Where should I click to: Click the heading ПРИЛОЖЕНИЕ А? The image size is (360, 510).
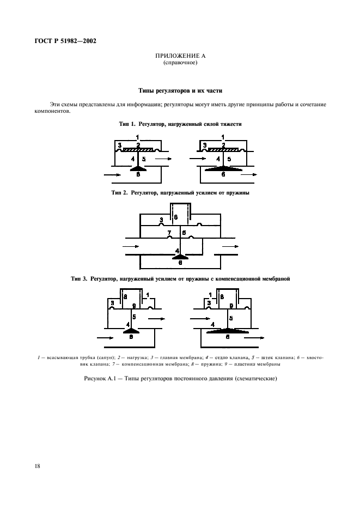tap(180, 56)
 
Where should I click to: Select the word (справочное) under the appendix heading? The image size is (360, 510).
tap(180, 63)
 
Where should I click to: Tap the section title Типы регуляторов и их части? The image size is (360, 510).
tap(180, 90)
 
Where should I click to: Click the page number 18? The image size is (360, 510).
tap(38, 467)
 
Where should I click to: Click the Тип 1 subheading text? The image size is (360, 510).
tap(180, 124)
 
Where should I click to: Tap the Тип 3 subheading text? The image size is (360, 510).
tap(180, 278)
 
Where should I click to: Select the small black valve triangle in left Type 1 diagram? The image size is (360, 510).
tap(138, 169)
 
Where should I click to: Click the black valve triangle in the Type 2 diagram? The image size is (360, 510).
tap(180, 256)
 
